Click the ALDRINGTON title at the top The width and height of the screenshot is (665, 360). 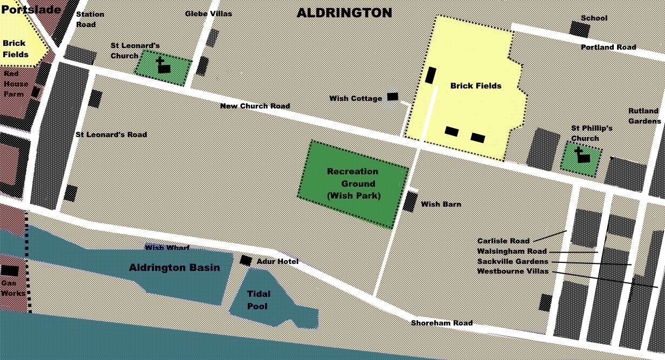344,13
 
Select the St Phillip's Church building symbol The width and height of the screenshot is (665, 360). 581,156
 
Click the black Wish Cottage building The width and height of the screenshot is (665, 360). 393,97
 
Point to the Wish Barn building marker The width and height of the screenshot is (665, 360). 410,201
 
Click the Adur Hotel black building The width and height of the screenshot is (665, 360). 245,260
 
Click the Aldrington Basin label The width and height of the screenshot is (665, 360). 174,268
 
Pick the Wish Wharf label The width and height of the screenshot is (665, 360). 167,247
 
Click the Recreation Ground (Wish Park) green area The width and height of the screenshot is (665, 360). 353,184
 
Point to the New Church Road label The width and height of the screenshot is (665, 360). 255,106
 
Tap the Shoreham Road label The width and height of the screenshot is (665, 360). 442,323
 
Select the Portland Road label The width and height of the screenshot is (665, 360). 608,47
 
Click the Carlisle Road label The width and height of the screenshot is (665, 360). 503,241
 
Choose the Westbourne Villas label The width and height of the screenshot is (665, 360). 512,271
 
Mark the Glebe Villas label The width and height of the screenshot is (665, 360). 208,13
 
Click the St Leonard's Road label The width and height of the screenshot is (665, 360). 111,134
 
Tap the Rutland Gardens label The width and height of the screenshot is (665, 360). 644,116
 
